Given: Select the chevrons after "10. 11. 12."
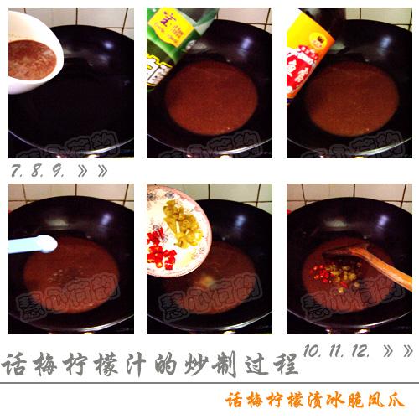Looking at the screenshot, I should pos(396,349).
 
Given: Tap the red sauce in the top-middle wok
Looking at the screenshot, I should pos(209,96).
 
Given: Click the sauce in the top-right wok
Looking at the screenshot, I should pos(352,96).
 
